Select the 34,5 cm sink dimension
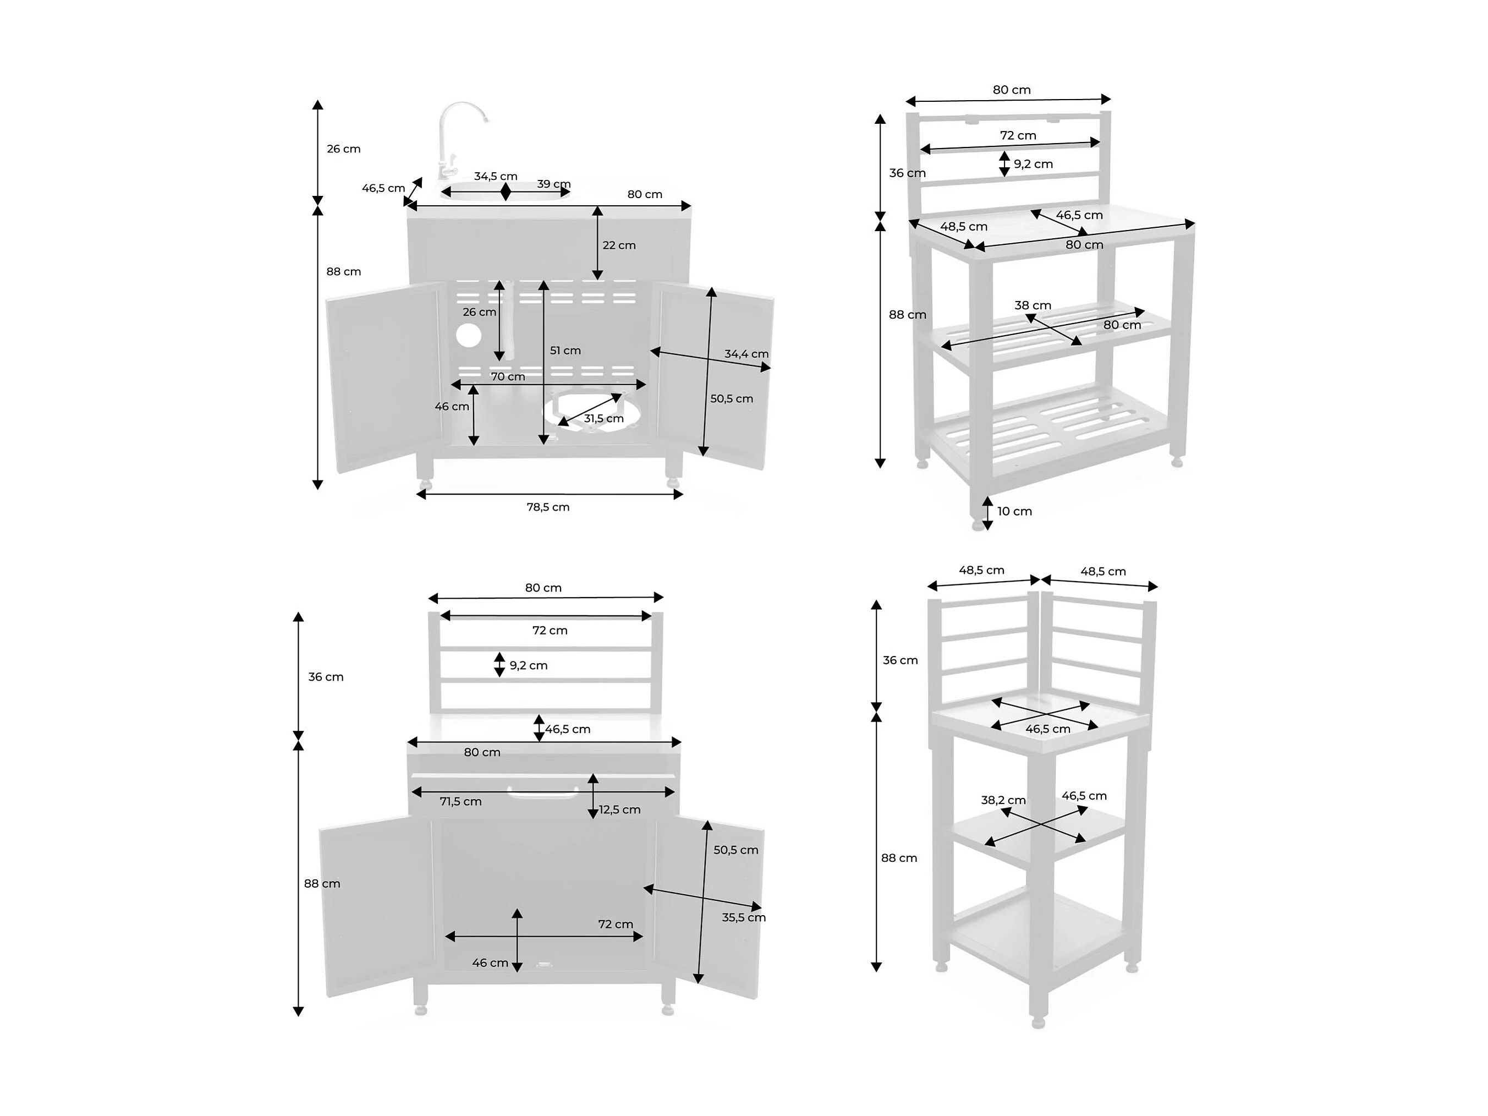click(x=496, y=176)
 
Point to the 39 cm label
click(x=553, y=184)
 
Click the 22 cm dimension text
click(x=619, y=245)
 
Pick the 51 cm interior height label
click(x=565, y=350)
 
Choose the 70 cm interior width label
click(x=508, y=376)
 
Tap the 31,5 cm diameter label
click(x=603, y=418)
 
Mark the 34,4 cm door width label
click(x=746, y=353)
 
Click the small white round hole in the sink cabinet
click(x=468, y=335)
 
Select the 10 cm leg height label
click(x=1014, y=511)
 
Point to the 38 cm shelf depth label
click(x=1033, y=305)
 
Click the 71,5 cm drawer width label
click(x=461, y=801)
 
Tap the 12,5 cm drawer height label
click(x=619, y=809)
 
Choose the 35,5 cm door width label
click(x=743, y=917)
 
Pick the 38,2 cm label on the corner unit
click(x=1003, y=800)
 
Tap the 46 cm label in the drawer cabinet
click(x=490, y=962)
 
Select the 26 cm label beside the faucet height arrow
click(x=344, y=149)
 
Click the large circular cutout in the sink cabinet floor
click(x=584, y=410)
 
